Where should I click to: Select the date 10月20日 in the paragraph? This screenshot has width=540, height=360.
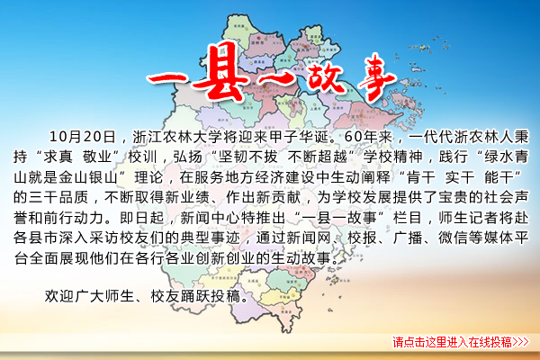point(82,137)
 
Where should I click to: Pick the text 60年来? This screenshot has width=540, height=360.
point(368,137)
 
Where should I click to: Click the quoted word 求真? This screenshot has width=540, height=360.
point(58,157)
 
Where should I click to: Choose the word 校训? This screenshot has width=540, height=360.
point(142,157)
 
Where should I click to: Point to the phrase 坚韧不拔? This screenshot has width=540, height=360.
point(247,157)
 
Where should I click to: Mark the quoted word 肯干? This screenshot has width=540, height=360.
point(420,177)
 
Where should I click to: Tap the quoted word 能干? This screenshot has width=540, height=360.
point(499,177)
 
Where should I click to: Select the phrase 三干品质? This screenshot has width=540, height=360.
point(58,197)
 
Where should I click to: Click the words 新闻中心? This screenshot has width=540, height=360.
point(210,218)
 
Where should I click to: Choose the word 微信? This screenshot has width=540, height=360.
point(453,238)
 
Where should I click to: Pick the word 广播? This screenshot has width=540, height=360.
point(408,238)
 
